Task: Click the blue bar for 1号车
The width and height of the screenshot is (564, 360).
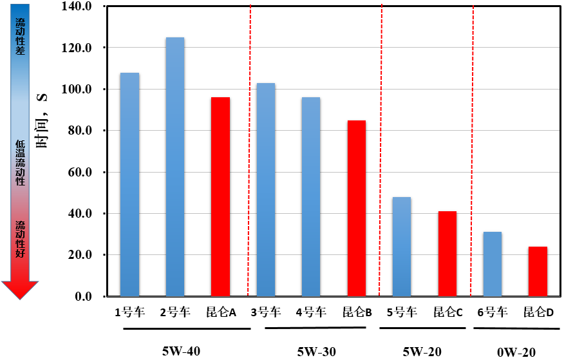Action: click(x=130, y=184)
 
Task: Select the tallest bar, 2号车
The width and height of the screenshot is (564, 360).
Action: click(x=175, y=167)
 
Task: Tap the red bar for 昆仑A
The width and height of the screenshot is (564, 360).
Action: click(x=220, y=196)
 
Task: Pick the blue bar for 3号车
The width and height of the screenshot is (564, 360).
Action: click(x=266, y=189)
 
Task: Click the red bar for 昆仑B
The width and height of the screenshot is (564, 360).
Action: click(x=357, y=208)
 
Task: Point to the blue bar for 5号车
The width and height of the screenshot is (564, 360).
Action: click(x=402, y=247)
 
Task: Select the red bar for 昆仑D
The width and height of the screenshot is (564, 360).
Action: click(x=538, y=272)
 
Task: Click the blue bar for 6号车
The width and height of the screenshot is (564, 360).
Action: click(x=493, y=264)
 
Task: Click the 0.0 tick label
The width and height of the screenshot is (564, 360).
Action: click(x=83, y=296)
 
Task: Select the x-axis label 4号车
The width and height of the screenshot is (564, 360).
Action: click(x=311, y=312)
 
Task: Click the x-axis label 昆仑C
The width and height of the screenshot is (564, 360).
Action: click(x=448, y=312)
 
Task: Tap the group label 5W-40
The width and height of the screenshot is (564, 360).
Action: click(x=182, y=350)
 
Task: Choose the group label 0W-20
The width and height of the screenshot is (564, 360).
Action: click(x=516, y=352)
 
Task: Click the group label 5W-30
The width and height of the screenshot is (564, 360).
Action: click(x=317, y=352)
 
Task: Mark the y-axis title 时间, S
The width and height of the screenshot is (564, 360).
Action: click(x=42, y=121)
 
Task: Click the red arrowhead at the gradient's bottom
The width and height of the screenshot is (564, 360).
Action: click(x=20, y=290)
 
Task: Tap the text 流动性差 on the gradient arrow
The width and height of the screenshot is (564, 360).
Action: click(x=20, y=36)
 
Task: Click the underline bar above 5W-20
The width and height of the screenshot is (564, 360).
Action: click(x=422, y=328)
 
